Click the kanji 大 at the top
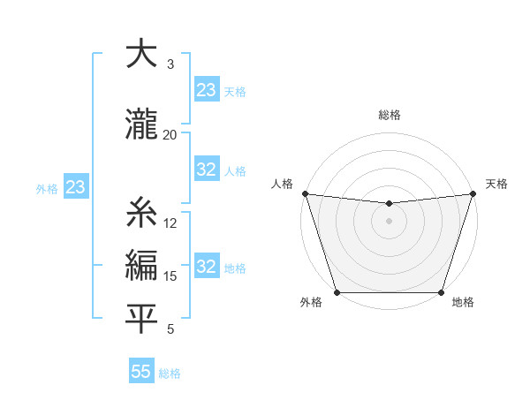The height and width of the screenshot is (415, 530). point(140,54)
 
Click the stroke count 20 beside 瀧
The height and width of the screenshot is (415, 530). point(170,134)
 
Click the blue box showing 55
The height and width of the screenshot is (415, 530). point(141,372)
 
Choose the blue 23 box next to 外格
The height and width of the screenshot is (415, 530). point(75,187)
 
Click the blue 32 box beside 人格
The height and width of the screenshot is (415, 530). point(207,170)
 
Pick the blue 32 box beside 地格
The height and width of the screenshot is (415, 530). point(207,267)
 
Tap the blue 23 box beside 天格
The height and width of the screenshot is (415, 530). point(207,90)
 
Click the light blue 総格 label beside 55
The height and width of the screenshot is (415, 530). point(170,373)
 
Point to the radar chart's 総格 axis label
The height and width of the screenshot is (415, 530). point(389,115)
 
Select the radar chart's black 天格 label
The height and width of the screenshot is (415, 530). point(496,184)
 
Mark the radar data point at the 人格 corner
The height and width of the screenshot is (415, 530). point(305,193)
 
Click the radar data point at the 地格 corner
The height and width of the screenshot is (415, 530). point(441,292)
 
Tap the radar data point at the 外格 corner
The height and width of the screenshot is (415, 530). point(337,292)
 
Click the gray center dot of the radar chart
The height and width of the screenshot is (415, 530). point(389,221)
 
